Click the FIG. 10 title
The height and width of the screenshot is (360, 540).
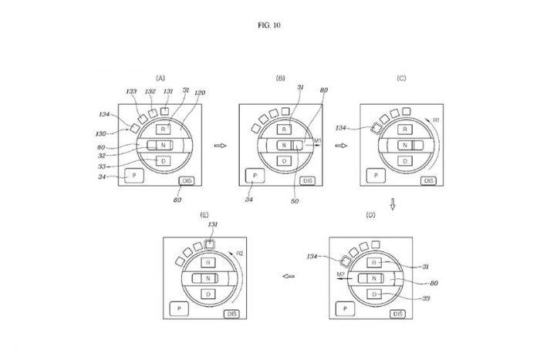[270, 25]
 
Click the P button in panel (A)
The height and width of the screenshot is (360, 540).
[134, 177]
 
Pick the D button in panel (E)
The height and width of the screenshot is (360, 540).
[206, 294]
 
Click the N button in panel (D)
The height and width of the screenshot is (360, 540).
[373, 278]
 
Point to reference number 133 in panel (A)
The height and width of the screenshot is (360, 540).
[133, 91]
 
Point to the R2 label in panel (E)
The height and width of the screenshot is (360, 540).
[241, 253]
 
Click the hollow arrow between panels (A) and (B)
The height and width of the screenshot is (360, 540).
[218, 145]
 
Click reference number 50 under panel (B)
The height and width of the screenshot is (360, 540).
[294, 201]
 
